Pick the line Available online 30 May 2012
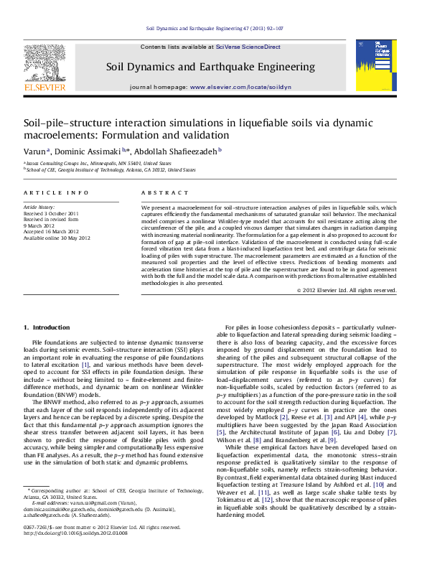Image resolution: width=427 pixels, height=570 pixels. (x=57, y=238)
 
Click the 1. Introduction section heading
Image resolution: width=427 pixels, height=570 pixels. (x=47, y=327)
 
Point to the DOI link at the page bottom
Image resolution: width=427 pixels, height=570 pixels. (x=75, y=533)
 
